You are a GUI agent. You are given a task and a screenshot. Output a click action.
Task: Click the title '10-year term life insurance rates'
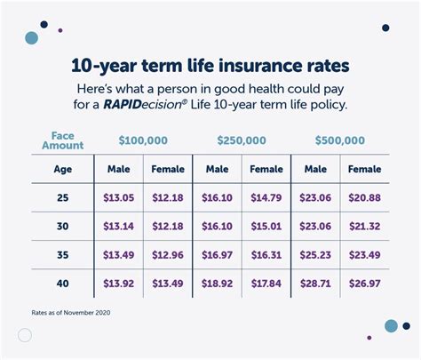pos(210,67)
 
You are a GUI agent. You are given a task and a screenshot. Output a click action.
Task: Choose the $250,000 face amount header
pos(242,140)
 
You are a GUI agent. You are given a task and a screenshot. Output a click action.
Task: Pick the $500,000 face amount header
pos(340,140)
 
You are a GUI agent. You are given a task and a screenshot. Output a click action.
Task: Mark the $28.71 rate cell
pos(315,284)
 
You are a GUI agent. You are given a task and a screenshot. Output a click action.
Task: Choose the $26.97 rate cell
pos(364,284)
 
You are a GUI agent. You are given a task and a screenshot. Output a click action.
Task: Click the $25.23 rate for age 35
pos(315,255)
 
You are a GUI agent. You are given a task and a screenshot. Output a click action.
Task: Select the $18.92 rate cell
pos(218,284)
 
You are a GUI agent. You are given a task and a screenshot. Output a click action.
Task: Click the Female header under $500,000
pos(364,169)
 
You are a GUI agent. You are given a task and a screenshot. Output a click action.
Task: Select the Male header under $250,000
pos(218,169)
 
